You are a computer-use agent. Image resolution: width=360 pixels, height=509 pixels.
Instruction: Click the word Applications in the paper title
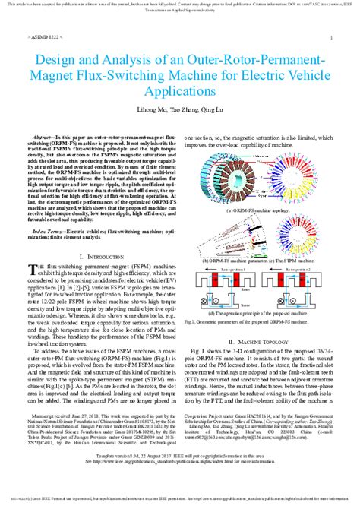180,90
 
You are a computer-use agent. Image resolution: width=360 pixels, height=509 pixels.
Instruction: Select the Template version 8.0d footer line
180,475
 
